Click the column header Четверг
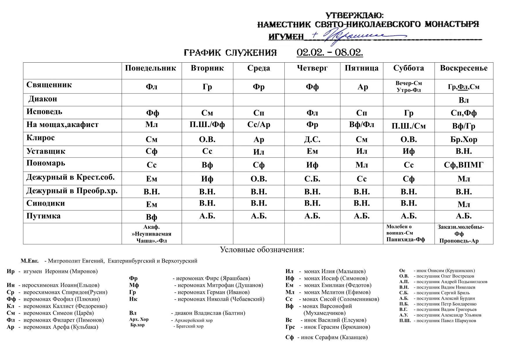pyautogui.click(x=312, y=68)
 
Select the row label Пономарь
pyautogui.click(x=46, y=163)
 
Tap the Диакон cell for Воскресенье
pyautogui.click(x=463, y=100)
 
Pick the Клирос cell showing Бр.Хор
pyautogui.click(x=463, y=140)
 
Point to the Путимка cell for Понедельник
pyautogui.click(x=151, y=217)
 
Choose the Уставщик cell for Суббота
pyautogui.click(x=408, y=151)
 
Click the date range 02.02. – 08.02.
pyautogui.click(x=330, y=53)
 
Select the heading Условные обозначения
pyautogui.click(x=262, y=250)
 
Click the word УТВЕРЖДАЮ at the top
pyautogui.click(x=354, y=15)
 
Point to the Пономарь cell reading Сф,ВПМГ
pyautogui.click(x=463, y=165)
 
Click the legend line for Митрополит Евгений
pyautogui.click(x=109, y=261)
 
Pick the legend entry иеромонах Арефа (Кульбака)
pyautogui.click(x=52, y=327)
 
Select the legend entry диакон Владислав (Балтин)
pyautogui.click(x=187, y=313)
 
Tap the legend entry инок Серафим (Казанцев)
pyautogui.click(x=326, y=337)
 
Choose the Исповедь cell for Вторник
pyautogui.click(x=207, y=113)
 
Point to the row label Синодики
pyautogui.click(x=46, y=203)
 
